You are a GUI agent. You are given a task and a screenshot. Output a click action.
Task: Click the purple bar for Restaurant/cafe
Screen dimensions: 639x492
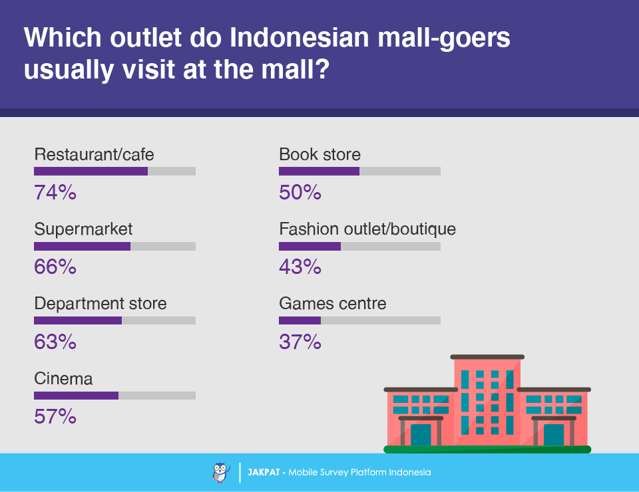(91, 171)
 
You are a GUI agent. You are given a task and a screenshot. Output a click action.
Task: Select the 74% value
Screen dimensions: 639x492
(55, 192)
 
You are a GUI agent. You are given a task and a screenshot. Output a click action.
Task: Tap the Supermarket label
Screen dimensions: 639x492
(83, 229)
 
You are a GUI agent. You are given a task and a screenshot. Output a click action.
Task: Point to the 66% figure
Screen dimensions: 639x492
(55, 267)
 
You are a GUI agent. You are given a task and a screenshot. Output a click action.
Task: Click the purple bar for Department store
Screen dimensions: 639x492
(78, 320)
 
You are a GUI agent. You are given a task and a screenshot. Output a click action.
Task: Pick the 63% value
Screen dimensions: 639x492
(55, 342)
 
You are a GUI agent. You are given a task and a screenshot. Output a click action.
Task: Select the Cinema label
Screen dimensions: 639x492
(63, 378)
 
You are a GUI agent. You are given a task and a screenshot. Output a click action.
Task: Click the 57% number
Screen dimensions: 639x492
(55, 416)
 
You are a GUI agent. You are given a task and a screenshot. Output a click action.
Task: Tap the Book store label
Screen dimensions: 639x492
(320, 154)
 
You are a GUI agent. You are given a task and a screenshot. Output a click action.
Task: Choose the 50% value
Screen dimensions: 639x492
(300, 192)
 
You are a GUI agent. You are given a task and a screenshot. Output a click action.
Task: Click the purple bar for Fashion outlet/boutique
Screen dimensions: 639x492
(310, 246)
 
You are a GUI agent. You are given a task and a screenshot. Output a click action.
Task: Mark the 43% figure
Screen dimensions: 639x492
(300, 267)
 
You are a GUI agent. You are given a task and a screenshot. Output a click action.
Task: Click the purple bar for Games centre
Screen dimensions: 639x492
(300, 320)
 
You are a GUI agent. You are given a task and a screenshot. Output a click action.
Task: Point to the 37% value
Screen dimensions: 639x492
(300, 342)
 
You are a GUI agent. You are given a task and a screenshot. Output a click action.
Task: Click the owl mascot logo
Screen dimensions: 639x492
(221, 473)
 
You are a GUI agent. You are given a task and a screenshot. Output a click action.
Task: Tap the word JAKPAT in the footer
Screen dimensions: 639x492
(264, 472)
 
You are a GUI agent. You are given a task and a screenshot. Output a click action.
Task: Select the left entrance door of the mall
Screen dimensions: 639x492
(421, 435)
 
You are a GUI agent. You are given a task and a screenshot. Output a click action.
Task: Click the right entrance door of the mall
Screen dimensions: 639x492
(554, 435)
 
